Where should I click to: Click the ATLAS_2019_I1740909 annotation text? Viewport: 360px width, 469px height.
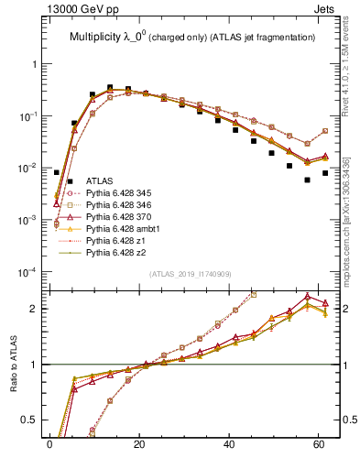coord(190,275)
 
